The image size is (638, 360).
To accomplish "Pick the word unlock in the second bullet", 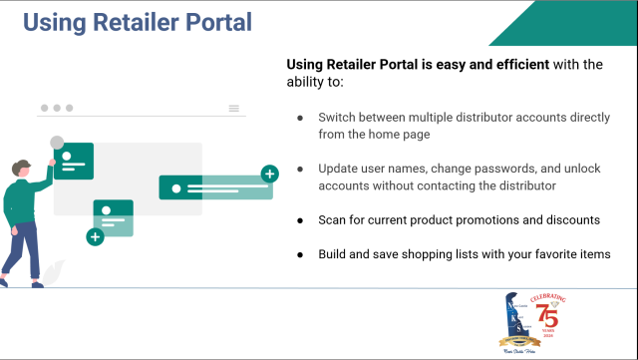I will click(578, 169).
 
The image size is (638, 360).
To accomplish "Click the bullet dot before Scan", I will click(300, 219).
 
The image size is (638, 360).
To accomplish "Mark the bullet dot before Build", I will click(300, 254).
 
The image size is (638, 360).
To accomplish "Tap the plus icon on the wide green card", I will click(269, 175).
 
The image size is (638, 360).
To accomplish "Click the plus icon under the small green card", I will click(95, 237).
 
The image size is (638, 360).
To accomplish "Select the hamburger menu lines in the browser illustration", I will click(234, 108).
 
